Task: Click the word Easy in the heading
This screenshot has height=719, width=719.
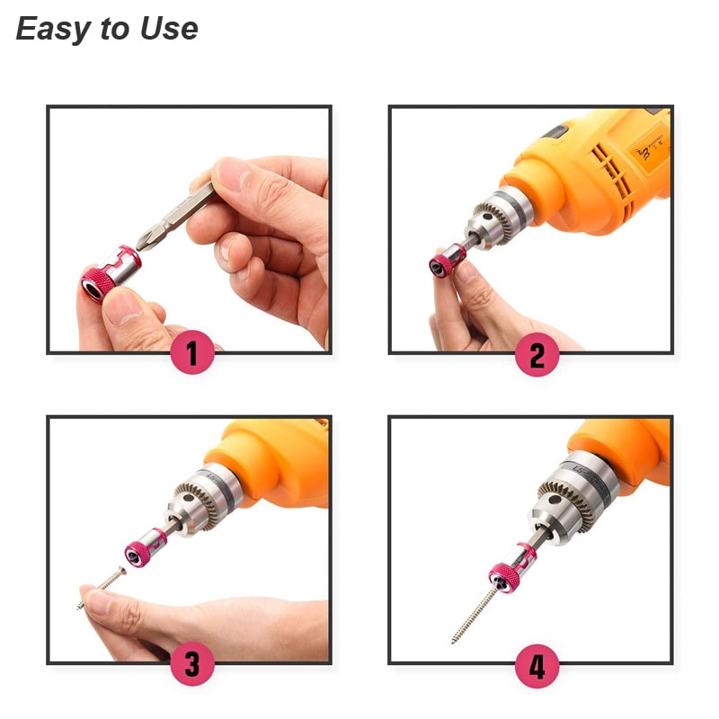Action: coord(52,30)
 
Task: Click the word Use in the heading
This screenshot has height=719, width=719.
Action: coord(168,30)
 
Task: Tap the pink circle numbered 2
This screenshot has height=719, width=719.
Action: coord(537,356)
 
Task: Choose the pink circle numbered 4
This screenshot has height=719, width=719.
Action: coord(537,668)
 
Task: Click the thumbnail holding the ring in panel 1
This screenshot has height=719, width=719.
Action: coord(125,309)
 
